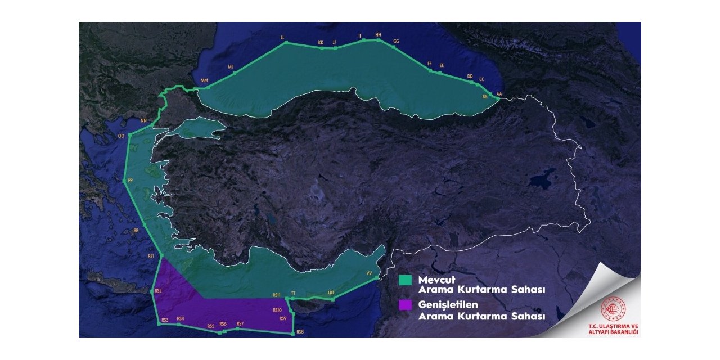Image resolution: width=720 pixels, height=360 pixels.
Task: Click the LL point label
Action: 282,37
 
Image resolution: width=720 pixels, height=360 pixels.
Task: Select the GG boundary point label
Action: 396,42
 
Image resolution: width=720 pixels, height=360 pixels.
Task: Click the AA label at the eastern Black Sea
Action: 499,94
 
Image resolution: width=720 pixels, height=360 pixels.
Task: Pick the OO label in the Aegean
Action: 121,136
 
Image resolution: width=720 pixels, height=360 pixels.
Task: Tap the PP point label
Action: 130,181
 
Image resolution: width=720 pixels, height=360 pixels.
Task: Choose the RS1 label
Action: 151,256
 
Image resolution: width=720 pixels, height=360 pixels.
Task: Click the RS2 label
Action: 158,291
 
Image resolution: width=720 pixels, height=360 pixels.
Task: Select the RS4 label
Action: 180,319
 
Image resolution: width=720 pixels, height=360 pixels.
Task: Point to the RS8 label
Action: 300,332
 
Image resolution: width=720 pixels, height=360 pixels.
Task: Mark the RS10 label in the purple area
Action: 277,310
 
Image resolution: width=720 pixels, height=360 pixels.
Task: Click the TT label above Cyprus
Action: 293,294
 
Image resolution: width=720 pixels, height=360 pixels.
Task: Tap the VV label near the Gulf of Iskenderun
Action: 370,273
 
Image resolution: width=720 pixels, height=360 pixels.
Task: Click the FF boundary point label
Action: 430,64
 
